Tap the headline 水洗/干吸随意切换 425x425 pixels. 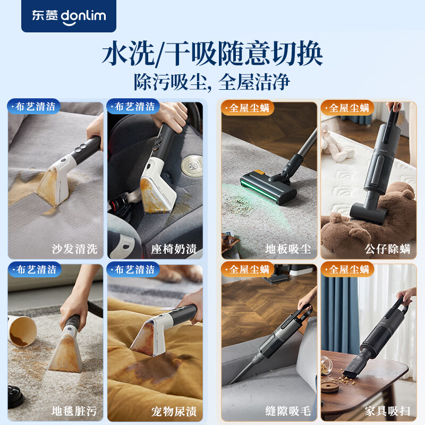[x=212, y=55]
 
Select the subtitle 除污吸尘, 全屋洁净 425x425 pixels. [x=212, y=82]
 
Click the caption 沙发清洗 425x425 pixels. [x=75, y=249]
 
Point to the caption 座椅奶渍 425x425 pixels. [x=174, y=249]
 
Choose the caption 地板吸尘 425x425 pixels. [x=288, y=249]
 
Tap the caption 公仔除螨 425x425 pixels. [x=388, y=249]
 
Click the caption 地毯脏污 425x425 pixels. [x=75, y=411]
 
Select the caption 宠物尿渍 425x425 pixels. [x=174, y=411]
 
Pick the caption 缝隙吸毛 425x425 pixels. [x=288, y=411]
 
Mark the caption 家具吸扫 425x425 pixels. [x=388, y=411]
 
